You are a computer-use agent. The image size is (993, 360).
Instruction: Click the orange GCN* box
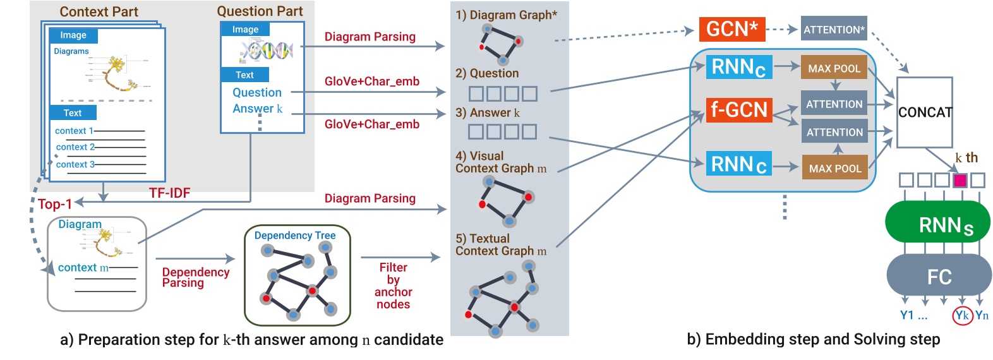tap(731, 29)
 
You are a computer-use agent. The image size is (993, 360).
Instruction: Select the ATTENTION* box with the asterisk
tap(833, 29)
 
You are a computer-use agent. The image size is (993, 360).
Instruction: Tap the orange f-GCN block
tap(738, 110)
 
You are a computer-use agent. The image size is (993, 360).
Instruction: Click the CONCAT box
tap(924, 112)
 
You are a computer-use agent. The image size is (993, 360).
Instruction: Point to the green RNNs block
tap(937, 222)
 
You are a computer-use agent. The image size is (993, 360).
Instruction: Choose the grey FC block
tap(939, 276)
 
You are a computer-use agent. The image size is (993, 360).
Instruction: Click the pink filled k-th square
tap(960, 181)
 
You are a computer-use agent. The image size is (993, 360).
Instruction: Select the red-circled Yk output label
tap(961, 315)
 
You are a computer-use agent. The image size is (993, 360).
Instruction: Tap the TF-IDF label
tap(169, 193)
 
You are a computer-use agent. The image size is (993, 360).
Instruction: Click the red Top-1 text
tap(55, 204)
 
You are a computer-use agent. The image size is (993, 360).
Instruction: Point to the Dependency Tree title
tap(294, 236)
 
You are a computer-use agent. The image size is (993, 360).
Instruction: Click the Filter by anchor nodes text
tap(393, 286)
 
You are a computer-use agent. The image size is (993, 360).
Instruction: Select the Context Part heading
tap(99, 11)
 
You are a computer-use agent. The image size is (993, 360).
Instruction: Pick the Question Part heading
tap(260, 11)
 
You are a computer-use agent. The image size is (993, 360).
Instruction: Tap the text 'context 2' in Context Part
tap(75, 147)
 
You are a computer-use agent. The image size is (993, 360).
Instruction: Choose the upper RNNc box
tap(738, 67)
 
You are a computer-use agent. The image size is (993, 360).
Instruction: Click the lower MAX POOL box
tap(834, 169)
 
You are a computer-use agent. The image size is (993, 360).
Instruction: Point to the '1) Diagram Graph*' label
tap(506, 15)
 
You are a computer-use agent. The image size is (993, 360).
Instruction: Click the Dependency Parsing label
tap(195, 277)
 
